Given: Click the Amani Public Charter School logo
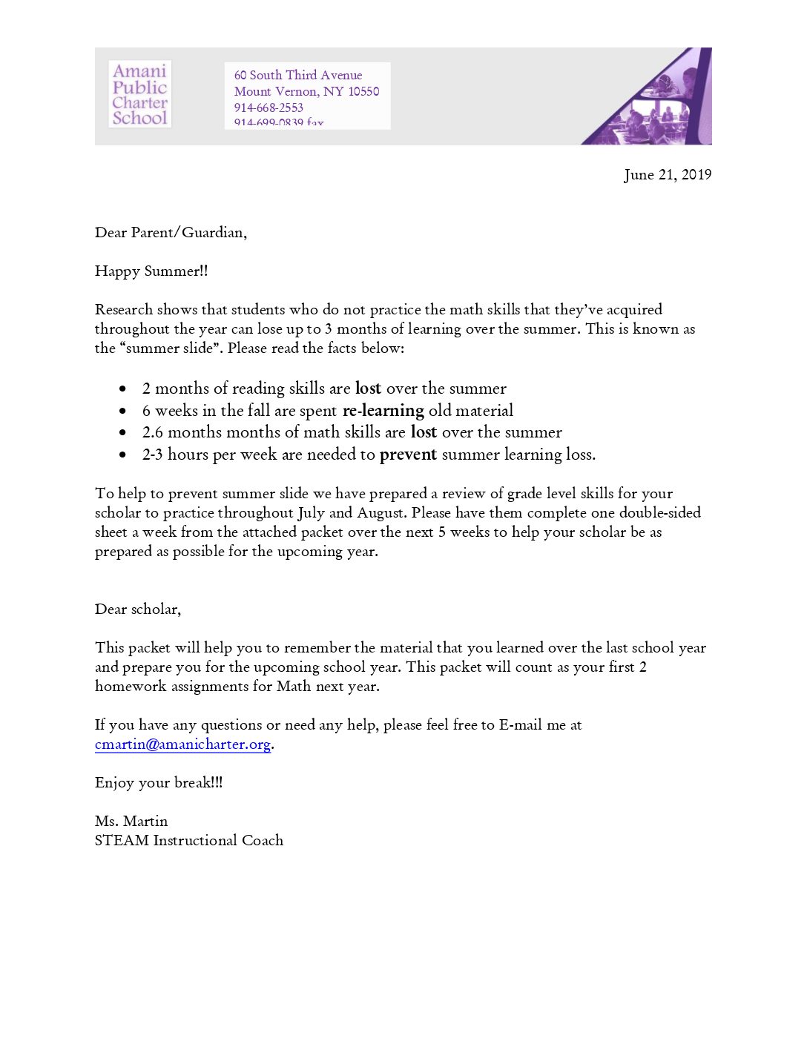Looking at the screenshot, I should point(139,94).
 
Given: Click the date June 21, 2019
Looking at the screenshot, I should point(667,175).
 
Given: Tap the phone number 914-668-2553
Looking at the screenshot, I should point(269,108).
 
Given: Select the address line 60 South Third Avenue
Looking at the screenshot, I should point(298,75).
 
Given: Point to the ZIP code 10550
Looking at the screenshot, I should point(363,91).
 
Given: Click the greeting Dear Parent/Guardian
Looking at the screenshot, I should point(171,233).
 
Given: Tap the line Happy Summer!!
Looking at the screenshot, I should point(151,271).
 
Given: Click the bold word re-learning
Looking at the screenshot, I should point(383,411).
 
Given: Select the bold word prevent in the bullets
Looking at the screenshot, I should point(408,455).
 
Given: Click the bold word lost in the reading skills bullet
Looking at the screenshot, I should point(368,389).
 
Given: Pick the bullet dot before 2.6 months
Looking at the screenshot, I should point(122,432).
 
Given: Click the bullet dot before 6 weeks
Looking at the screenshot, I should point(122,411).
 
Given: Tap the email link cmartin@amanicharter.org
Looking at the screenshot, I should point(182,744).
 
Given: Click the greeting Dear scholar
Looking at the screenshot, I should point(137,609).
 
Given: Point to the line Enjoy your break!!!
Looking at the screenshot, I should point(159,783).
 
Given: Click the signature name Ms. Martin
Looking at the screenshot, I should point(131,822).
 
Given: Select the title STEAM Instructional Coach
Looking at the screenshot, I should point(189,841).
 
